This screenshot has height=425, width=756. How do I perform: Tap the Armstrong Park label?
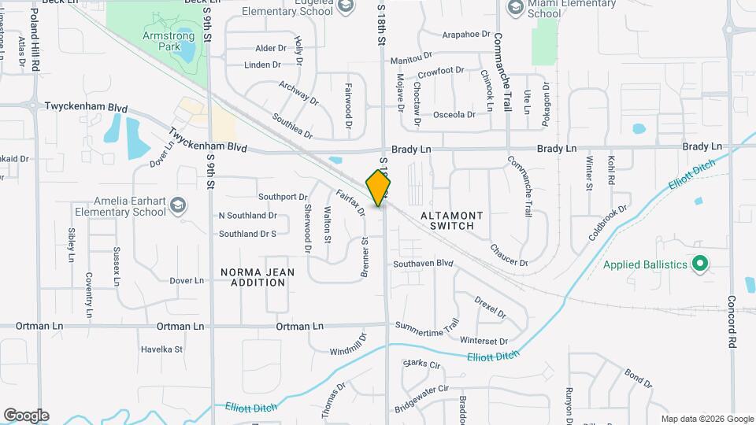[168, 42]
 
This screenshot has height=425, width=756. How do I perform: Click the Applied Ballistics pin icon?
[699, 264]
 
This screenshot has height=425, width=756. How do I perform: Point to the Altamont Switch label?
[447, 220]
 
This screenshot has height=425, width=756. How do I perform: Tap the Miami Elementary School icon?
[515, 8]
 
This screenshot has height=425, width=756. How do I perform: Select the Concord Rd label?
[731, 323]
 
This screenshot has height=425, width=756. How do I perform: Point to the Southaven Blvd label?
[424, 263]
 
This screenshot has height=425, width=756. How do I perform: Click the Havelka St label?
[161, 349]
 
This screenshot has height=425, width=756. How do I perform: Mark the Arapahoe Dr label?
[466, 35]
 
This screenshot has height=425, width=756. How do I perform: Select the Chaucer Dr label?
[509, 254]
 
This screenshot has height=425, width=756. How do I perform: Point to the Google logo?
[26, 416]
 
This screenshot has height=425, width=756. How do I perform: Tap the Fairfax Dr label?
[350, 202]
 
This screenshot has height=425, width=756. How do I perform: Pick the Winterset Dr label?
[484, 341]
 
